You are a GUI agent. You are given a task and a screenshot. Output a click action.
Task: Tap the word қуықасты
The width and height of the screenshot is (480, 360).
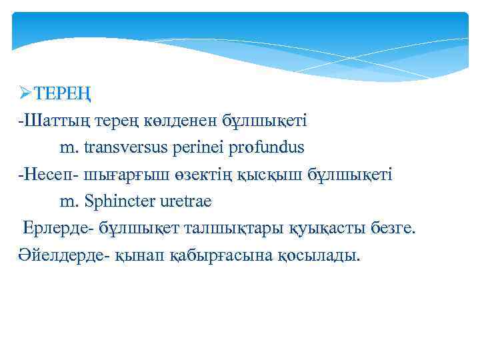324,229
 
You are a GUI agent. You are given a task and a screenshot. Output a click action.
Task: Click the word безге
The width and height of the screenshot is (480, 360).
391,229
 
